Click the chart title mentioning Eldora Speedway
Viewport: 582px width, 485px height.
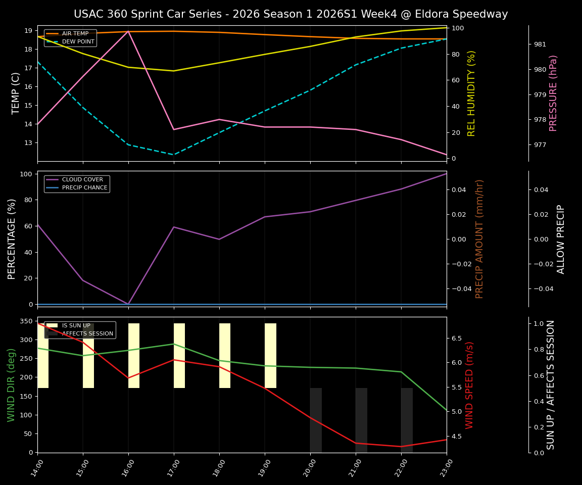click(290, 14)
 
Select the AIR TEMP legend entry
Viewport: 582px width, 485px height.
click(75, 34)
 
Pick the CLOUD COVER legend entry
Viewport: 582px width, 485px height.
click(82, 180)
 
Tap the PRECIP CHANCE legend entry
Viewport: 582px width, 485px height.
click(84, 188)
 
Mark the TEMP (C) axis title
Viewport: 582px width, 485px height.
click(16, 93)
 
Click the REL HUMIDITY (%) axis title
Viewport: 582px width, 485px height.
click(471, 93)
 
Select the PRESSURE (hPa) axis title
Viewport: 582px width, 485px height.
click(553, 93)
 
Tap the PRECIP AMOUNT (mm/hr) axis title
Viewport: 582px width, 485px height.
click(479, 238)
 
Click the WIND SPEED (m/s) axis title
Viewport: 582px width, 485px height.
click(469, 384)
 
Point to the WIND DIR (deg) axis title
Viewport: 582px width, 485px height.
click(11, 384)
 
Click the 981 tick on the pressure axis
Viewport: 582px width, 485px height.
click(540, 44)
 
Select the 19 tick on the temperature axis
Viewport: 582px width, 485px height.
click(28, 31)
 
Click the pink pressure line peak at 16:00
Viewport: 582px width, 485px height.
click(128, 31)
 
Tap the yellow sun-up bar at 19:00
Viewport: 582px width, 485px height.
click(270, 356)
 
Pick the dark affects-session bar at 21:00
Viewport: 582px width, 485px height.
click(361, 420)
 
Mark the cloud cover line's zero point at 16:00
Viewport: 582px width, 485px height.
click(128, 304)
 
